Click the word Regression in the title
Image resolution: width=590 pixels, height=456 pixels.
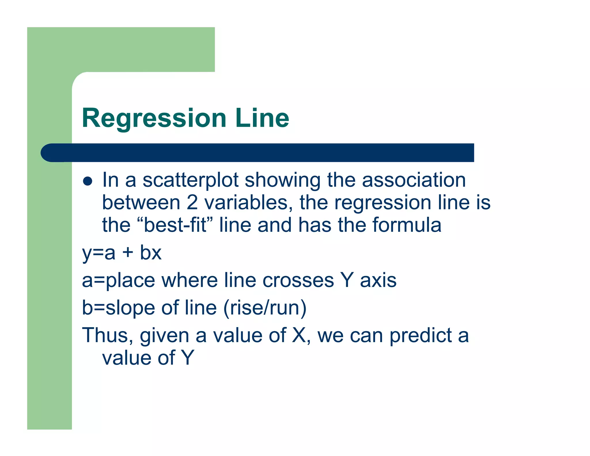154,118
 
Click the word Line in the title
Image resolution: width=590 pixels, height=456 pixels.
262,118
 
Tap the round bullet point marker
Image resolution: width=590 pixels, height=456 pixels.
87,181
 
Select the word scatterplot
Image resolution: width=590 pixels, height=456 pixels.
190,180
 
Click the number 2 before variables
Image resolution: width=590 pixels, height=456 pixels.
192,202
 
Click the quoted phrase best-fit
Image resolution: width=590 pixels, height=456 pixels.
175,225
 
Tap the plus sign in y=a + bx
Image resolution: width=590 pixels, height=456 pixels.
128,253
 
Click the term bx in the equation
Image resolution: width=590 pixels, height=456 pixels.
151,253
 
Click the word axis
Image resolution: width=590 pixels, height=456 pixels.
378,280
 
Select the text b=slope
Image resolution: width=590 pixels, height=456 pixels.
118,308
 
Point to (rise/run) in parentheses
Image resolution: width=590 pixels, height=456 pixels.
265,308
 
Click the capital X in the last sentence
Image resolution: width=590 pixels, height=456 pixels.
299,335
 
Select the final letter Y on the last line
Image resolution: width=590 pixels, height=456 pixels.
188,358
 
